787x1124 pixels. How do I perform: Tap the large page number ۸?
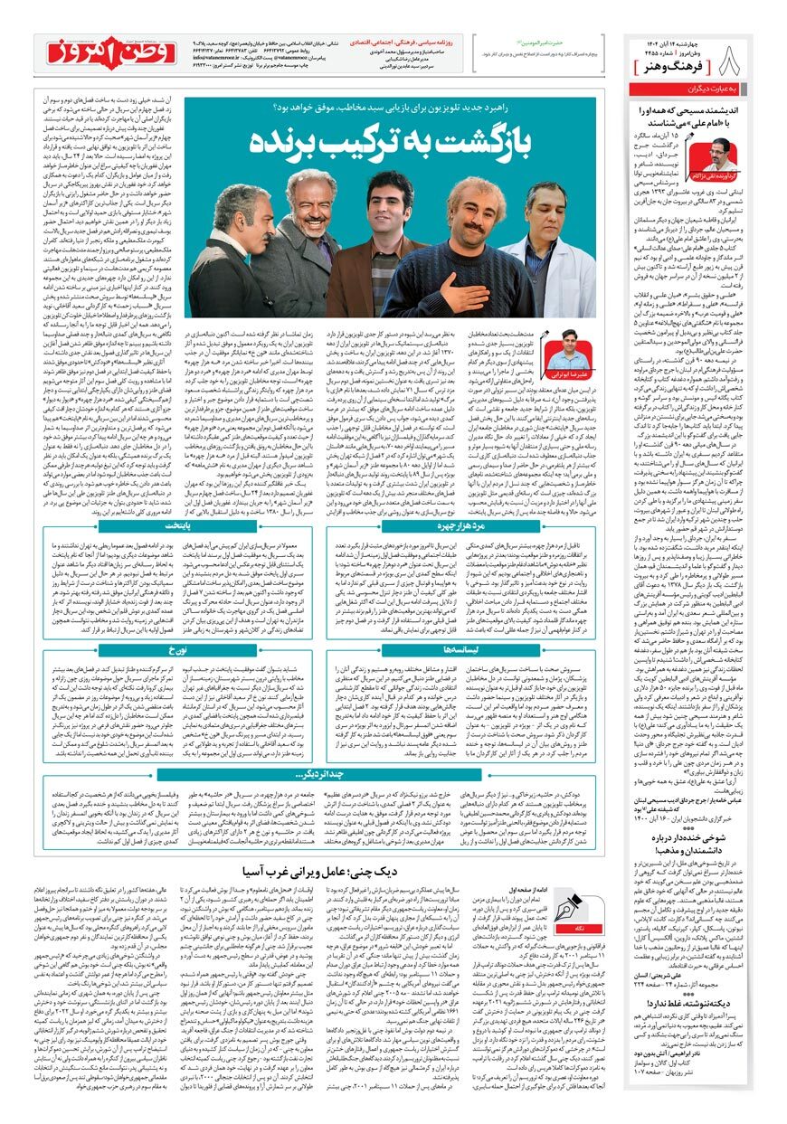734,61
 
